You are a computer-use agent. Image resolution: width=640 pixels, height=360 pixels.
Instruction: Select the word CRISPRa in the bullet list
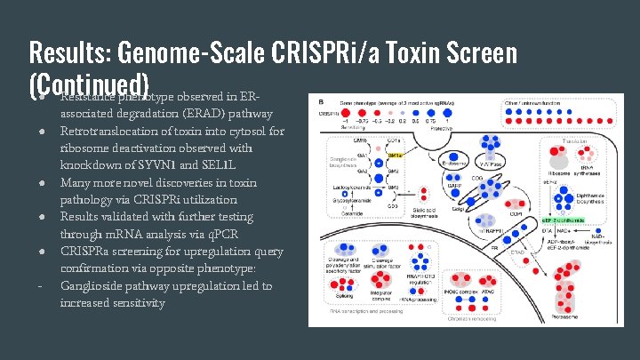coord(84,251)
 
